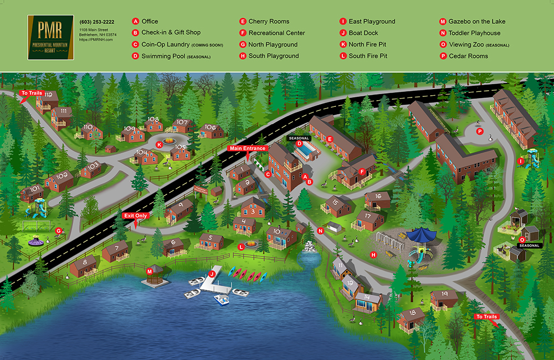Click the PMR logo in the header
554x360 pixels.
(50, 37)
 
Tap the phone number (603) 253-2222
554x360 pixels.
(97, 22)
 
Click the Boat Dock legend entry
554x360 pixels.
(363, 33)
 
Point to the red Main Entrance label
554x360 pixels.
(248, 148)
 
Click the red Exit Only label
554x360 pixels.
(136, 215)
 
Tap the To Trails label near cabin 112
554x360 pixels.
(30, 94)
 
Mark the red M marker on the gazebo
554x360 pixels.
(149, 271)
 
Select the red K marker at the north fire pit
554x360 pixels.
(159, 145)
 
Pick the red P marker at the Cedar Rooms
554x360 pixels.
(480, 131)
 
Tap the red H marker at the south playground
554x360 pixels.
(373, 254)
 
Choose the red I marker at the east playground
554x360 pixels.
(520, 161)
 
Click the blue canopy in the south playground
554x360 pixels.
(423, 235)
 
